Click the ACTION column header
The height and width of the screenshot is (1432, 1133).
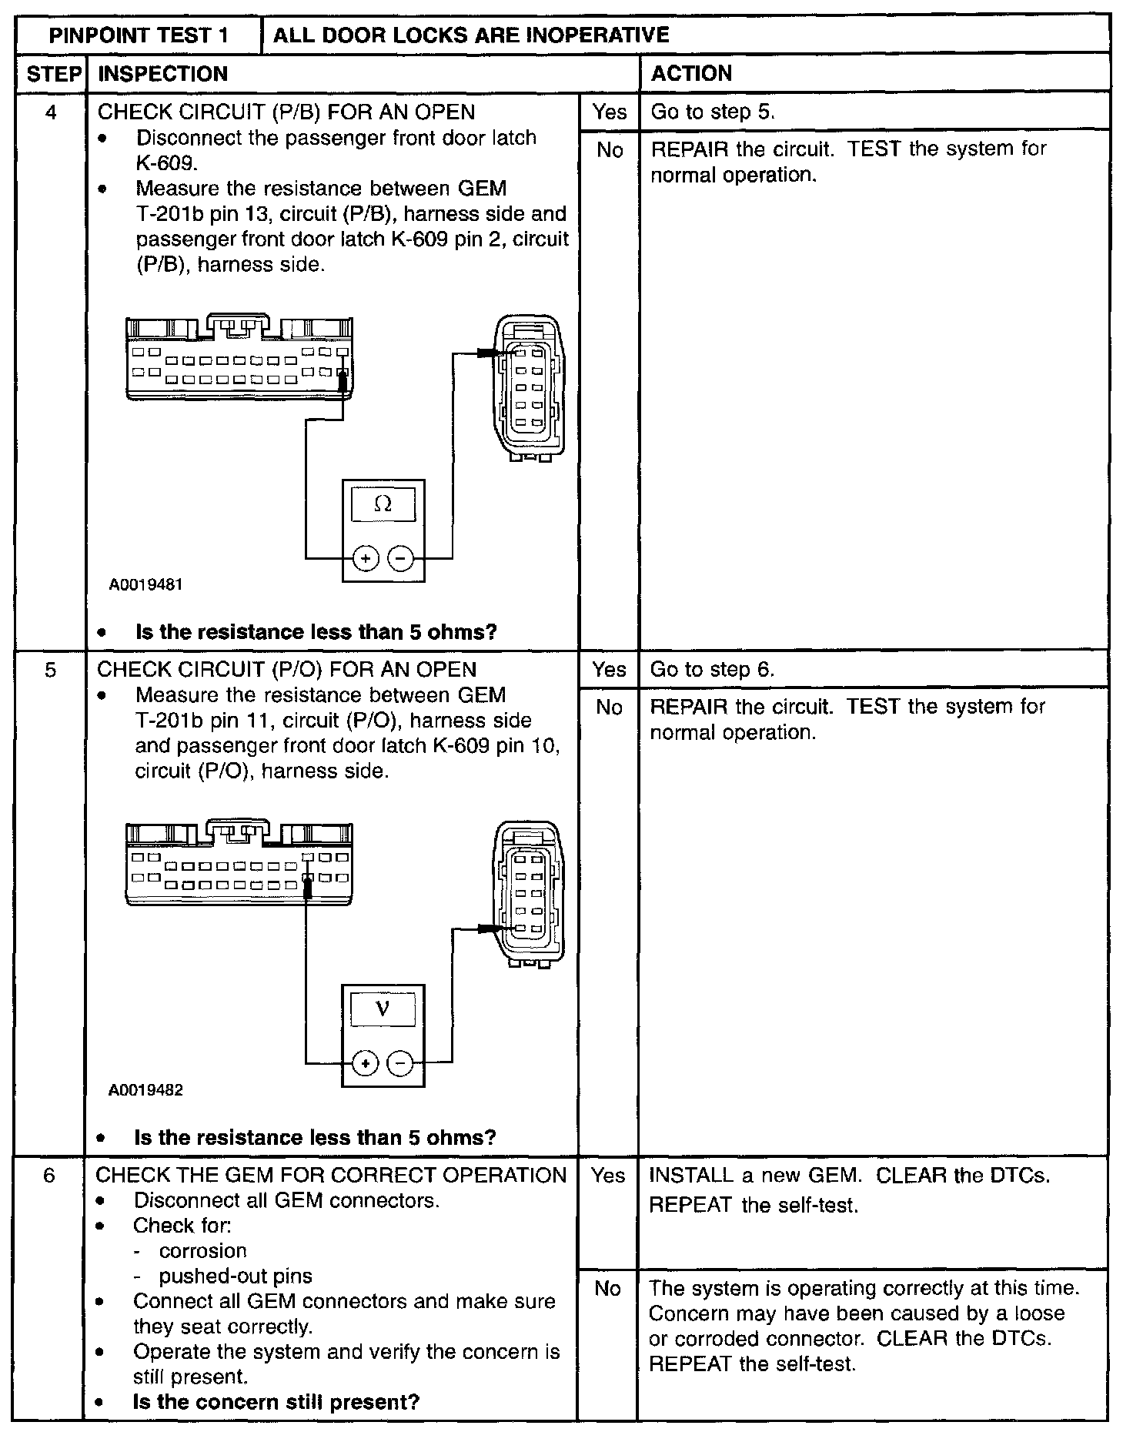[691, 74]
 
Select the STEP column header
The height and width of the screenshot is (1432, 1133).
[53, 74]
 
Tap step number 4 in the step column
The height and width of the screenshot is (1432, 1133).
[51, 113]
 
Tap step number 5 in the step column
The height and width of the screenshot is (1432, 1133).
[50, 671]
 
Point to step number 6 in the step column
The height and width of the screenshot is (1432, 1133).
[49, 1176]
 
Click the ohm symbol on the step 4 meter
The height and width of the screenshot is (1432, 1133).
[383, 504]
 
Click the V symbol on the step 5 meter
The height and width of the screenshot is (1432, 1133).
[383, 1009]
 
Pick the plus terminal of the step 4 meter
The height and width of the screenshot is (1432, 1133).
[366, 558]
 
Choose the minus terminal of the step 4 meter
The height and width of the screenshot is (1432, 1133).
[400, 558]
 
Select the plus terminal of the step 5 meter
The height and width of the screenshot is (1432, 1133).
[366, 1064]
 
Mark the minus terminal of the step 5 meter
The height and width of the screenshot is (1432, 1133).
[399, 1064]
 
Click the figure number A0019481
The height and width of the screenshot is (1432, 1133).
[145, 585]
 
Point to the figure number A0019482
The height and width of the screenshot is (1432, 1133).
[145, 1090]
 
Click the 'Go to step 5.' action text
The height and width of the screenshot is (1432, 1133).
[713, 112]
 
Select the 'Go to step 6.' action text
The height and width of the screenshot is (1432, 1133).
[712, 670]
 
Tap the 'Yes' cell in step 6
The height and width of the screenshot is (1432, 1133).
[608, 1176]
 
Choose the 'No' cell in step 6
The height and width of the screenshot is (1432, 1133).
[607, 1288]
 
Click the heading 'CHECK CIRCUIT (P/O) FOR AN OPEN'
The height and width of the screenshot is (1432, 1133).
[286, 670]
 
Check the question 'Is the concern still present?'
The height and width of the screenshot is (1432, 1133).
[276, 1402]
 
